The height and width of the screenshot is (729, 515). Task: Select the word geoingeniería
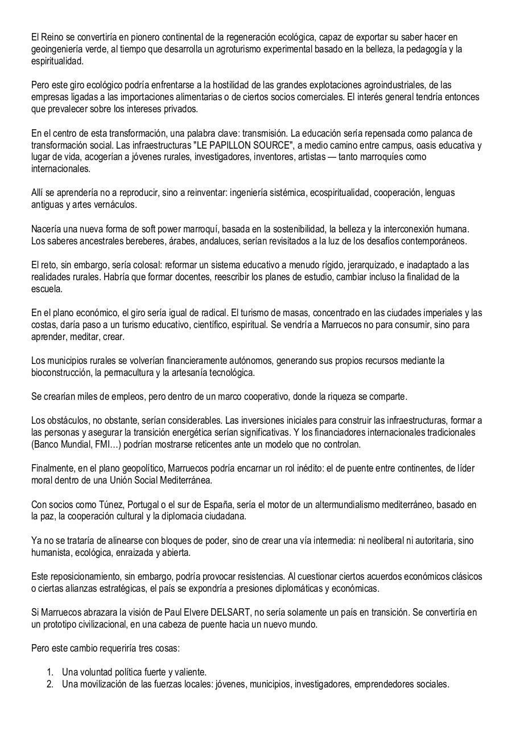point(57,49)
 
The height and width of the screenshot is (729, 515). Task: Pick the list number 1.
point(50,672)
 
